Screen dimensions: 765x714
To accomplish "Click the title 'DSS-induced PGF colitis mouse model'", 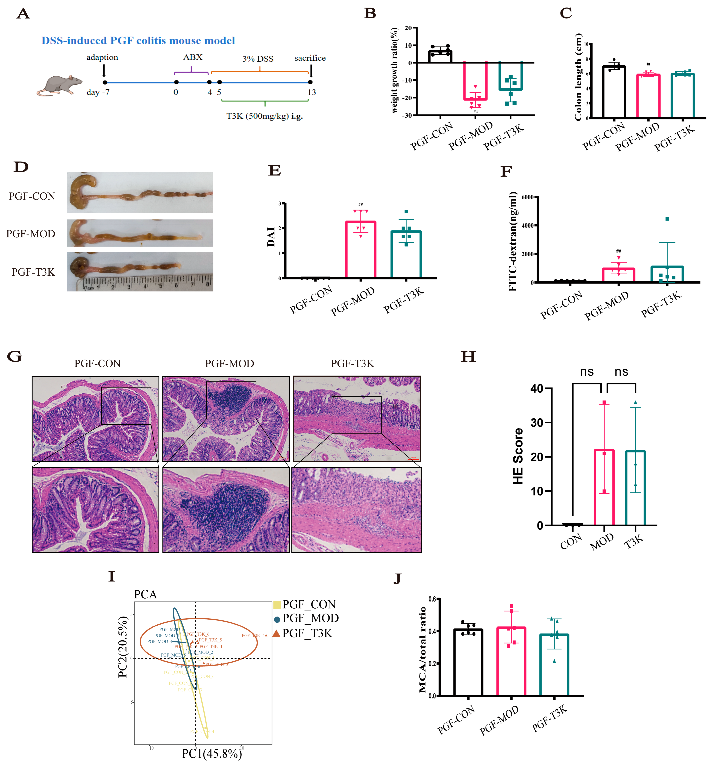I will (138, 41).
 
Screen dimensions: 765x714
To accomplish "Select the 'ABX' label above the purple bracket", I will (192, 57).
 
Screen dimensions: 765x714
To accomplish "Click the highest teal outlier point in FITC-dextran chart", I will (667, 219).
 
